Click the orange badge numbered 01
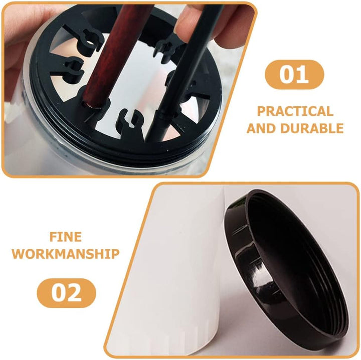(x=294, y=74)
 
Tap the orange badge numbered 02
(x=66, y=293)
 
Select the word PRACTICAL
(x=295, y=111)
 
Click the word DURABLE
(x=312, y=128)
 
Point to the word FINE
(x=66, y=237)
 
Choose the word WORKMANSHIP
(x=66, y=254)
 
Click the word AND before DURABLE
(x=261, y=128)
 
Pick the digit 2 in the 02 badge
(x=74, y=293)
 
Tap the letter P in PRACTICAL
(x=261, y=111)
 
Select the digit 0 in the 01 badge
(x=287, y=74)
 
